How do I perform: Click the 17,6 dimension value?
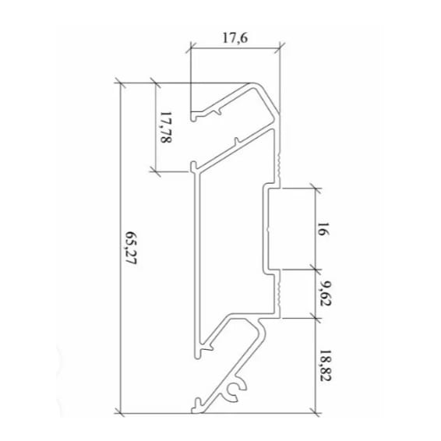point(235,38)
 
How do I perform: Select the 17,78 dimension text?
point(166,128)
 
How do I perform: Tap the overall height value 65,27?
point(131,248)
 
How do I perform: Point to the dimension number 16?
point(323,229)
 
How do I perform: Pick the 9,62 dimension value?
point(325,293)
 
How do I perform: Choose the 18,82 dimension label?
point(325,365)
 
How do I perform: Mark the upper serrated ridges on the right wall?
point(278,165)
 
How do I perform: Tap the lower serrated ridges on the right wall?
point(278,291)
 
